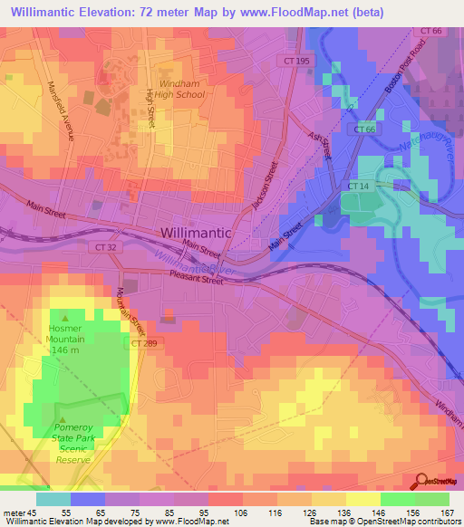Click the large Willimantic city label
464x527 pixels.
(196, 233)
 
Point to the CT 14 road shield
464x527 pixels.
(358, 186)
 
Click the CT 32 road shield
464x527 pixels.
(127, 245)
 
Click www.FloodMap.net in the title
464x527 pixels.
(288, 12)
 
